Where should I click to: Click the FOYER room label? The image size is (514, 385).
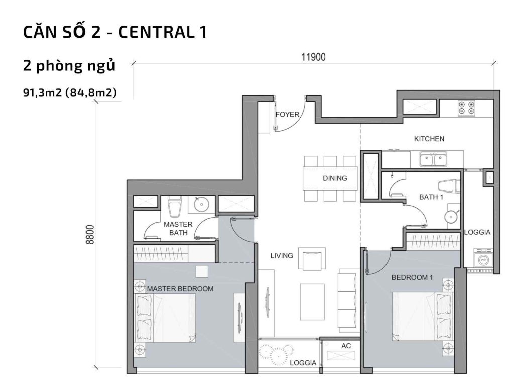(287, 114)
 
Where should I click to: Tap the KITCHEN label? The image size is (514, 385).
(429, 139)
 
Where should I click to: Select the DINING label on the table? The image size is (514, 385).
(335, 178)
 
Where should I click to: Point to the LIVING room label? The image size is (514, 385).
(281, 255)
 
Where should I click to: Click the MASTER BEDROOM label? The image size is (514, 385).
(180, 289)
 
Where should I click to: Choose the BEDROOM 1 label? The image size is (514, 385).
(412, 277)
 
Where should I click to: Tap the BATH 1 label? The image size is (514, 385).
(431, 197)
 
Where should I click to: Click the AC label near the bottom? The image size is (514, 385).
(346, 346)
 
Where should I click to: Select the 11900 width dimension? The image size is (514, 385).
(314, 57)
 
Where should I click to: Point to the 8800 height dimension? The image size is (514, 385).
(90, 234)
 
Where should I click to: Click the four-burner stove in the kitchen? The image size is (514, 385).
(465, 109)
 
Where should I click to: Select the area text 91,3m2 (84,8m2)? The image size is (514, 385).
(70, 92)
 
